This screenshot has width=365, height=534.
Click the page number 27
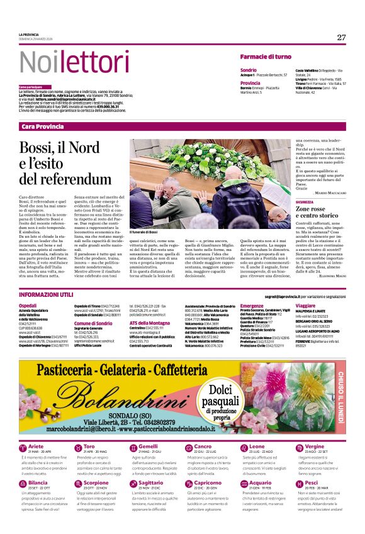(341, 38)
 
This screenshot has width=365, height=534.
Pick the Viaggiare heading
(305, 305)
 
